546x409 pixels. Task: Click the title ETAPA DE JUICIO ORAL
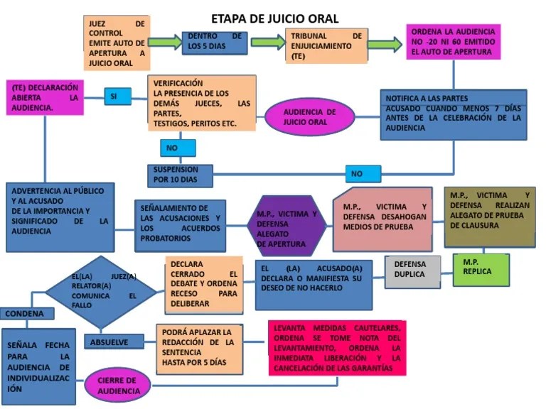(275, 18)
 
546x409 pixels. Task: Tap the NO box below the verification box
(178, 148)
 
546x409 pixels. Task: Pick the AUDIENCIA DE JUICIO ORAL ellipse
(310, 116)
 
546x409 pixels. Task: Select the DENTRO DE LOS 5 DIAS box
(214, 43)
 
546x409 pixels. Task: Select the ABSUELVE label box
(109, 342)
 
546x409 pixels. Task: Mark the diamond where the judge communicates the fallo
(101, 292)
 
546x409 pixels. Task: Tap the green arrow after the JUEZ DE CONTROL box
(165, 43)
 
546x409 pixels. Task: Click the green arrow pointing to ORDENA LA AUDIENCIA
(385, 42)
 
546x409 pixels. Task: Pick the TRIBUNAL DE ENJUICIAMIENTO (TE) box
(326, 45)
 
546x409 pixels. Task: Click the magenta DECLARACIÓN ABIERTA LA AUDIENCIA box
(43, 97)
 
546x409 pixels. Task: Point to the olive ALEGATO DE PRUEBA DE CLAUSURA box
(489, 216)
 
